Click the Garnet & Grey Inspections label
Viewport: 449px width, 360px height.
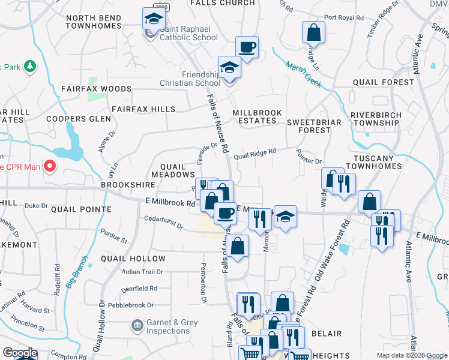point(172,326)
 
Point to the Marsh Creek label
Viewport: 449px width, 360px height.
point(304,72)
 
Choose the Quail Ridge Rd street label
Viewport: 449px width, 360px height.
point(255,155)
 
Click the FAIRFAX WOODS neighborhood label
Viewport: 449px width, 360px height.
point(96,89)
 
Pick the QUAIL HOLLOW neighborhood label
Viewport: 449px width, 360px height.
point(133,259)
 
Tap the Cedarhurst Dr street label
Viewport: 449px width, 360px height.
point(163,221)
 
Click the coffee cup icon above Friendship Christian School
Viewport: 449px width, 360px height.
point(247,47)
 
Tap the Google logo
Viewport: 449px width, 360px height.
point(20,353)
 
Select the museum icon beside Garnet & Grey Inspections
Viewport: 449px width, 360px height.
point(137,326)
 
